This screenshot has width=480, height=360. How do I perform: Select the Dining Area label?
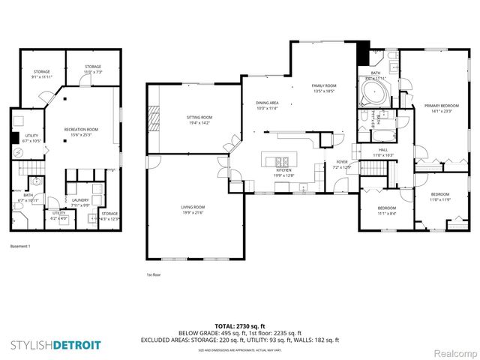pos(268,105)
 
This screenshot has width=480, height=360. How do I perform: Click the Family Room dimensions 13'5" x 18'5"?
pos(324,91)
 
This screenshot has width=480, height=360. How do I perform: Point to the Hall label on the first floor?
pos(383,153)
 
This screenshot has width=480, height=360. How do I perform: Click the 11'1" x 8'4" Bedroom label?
pos(386,211)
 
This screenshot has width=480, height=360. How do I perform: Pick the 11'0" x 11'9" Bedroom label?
pos(439,198)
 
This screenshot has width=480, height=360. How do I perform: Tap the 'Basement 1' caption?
pos(20,246)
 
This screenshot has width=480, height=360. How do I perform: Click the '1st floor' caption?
pos(153,274)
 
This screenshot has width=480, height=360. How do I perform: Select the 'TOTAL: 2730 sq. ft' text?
pos(240,326)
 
